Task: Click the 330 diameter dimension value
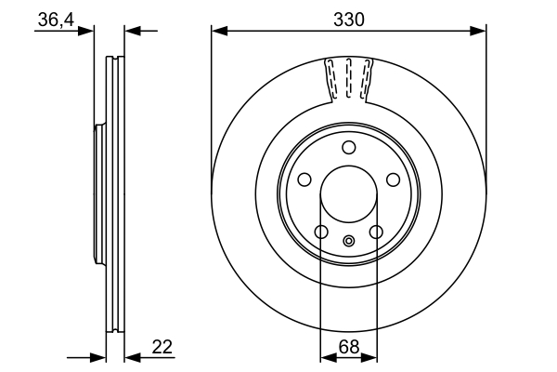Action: coord(349,20)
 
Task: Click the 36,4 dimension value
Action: coord(56,20)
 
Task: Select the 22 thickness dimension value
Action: coord(162,347)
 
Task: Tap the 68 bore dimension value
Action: coord(349,347)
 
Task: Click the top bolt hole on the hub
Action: coord(349,147)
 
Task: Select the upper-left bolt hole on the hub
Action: coord(304,179)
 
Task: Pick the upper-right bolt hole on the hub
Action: coord(393,179)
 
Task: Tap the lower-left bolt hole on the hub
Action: coord(321,232)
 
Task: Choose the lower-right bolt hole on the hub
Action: coord(376,232)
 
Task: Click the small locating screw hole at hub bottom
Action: coord(349,241)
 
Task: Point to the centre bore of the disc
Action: coord(349,194)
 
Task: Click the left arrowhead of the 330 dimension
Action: coord(219,31)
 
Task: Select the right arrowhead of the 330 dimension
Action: coord(478,31)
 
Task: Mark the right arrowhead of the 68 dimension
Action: coord(369,357)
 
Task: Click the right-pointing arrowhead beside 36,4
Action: coord(85,31)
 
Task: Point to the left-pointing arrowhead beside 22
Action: coord(133,357)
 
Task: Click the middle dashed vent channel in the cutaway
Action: coord(348,78)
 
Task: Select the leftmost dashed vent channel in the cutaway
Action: coord(331,78)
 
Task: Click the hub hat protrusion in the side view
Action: coord(100,194)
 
